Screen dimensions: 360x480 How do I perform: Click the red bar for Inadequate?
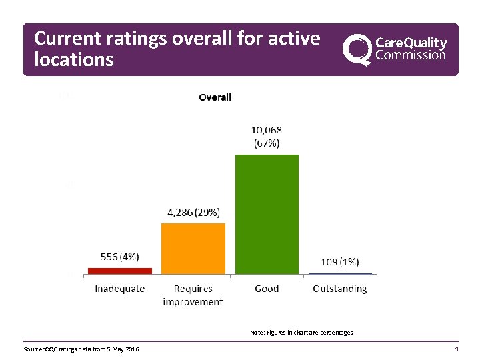tap(120, 271)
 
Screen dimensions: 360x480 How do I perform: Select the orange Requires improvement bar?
tap(193, 248)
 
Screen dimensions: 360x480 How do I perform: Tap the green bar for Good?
tap(267, 214)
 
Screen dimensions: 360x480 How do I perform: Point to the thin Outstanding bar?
tap(340, 273)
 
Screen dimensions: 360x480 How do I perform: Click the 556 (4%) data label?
tap(120, 256)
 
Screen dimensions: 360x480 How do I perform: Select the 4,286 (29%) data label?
tap(193, 213)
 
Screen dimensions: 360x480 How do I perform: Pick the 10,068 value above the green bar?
tap(266, 131)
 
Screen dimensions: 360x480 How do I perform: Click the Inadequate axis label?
tap(120, 289)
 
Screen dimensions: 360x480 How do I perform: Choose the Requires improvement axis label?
tap(193, 295)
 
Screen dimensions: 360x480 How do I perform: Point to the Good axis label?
tap(267, 289)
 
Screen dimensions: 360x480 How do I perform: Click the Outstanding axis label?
tap(340, 289)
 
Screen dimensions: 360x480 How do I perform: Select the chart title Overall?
tap(215, 97)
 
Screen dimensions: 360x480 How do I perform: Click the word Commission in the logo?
tap(411, 55)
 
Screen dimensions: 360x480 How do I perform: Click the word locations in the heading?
tap(74, 60)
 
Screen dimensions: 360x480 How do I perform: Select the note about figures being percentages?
tap(301, 332)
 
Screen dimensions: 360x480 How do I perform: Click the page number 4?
tap(455, 349)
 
